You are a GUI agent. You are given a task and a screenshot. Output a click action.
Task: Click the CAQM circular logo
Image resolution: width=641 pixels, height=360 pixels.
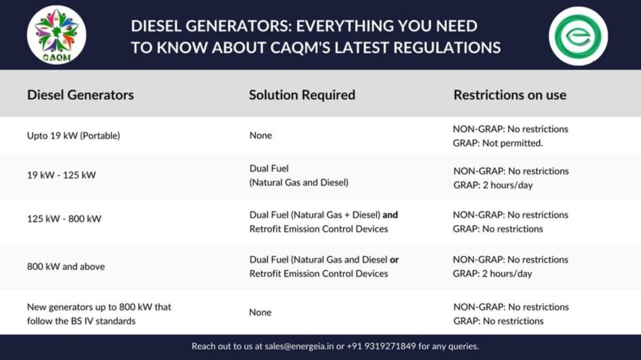(56, 35)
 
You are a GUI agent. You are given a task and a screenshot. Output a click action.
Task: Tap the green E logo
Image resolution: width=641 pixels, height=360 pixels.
(578, 36)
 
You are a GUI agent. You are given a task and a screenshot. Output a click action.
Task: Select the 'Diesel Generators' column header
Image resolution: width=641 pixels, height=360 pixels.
(81, 95)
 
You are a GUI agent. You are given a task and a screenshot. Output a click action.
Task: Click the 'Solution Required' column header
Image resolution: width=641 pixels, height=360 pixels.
(302, 95)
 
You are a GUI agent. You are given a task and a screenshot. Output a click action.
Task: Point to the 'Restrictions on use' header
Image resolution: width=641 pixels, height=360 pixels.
(510, 95)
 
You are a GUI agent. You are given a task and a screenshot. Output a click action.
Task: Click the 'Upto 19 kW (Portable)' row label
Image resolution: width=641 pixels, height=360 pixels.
(74, 135)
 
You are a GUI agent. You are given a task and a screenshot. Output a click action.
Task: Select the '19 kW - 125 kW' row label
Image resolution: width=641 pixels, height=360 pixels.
(61, 175)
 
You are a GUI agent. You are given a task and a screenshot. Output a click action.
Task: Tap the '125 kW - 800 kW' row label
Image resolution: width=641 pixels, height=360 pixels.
(64, 219)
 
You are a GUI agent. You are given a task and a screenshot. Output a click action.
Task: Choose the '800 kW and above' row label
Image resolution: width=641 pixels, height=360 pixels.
(66, 267)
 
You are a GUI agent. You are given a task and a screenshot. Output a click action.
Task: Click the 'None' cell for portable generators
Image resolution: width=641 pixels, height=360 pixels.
(260, 135)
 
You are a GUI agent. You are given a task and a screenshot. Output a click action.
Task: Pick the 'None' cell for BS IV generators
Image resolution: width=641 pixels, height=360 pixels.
(260, 312)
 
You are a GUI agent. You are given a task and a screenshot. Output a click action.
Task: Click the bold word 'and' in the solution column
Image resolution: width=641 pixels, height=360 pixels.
(390, 215)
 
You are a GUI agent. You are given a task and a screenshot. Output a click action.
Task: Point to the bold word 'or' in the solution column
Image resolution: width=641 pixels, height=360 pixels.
(394, 260)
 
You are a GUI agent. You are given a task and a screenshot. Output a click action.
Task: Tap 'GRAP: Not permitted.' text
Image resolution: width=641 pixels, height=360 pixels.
(498, 143)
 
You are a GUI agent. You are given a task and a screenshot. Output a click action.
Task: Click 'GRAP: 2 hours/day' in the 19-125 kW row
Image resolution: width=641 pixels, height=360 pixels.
(493, 185)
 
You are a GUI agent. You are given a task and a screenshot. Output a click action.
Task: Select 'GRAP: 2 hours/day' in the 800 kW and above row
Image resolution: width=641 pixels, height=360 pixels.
(493, 274)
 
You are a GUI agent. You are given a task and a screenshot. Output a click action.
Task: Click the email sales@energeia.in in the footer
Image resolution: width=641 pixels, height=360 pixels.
(299, 346)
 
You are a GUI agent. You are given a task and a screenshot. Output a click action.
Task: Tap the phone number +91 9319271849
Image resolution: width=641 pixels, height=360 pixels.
(381, 346)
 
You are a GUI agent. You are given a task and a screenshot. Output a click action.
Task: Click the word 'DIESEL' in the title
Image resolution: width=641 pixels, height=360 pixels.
(156, 26)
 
